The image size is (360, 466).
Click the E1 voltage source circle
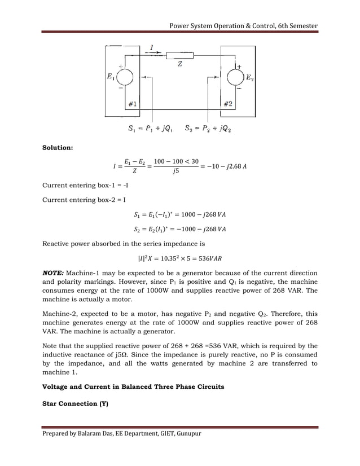(x=125, y=78)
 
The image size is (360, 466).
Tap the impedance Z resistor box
(x=180, y=56)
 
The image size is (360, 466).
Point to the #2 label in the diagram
(x=229, y=103)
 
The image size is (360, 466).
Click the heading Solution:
(x=58, y=148)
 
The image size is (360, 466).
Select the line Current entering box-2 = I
(x=78, y=200)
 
